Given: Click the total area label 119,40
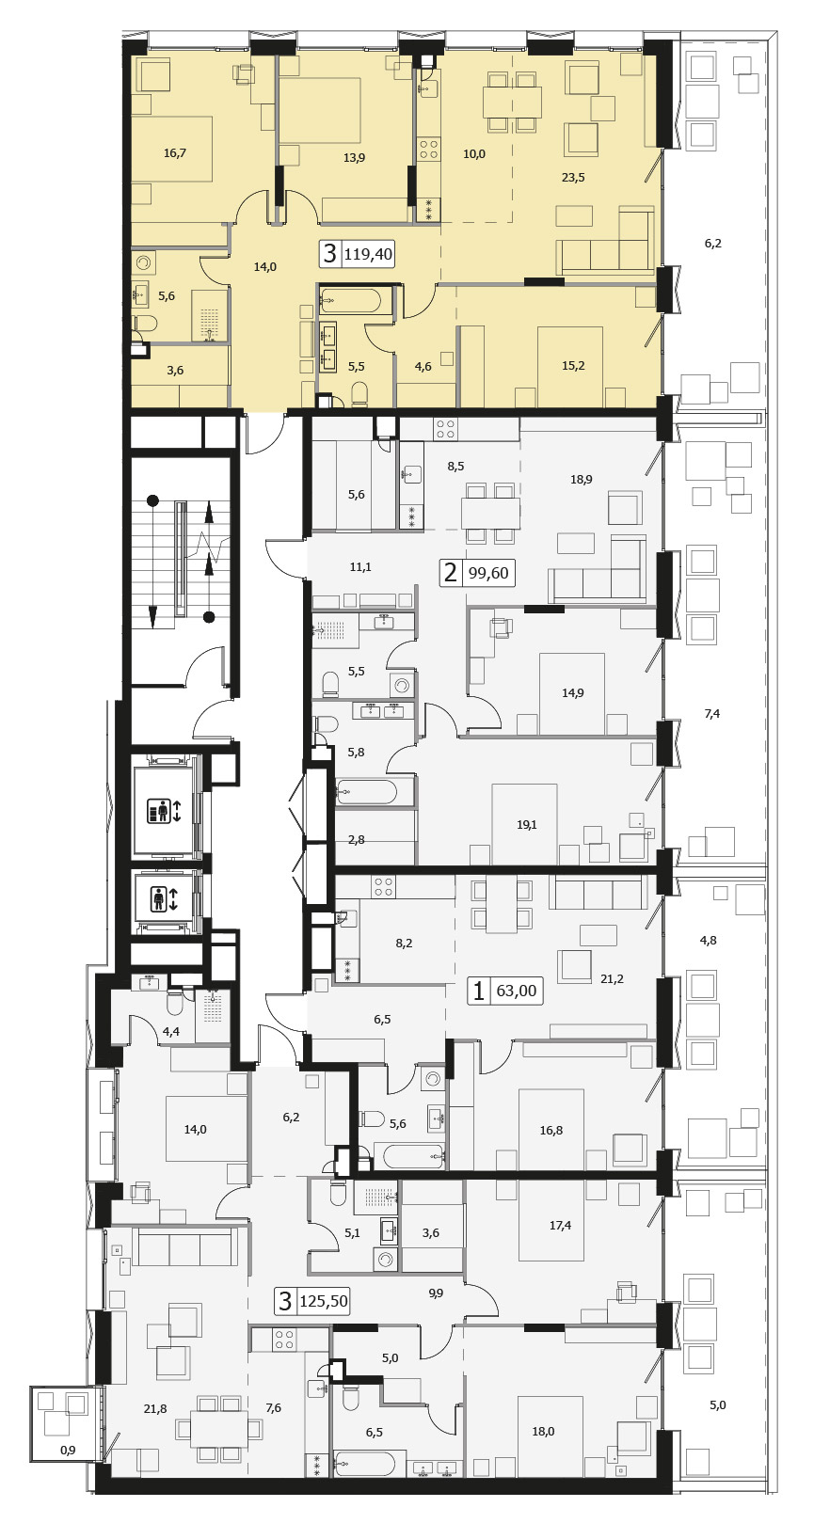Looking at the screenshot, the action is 369,254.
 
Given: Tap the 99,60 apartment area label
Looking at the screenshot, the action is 488,573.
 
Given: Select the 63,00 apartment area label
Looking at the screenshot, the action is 516,991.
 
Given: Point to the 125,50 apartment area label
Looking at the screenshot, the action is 324,1302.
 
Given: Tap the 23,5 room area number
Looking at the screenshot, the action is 573,178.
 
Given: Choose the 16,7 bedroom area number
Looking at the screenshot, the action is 175,153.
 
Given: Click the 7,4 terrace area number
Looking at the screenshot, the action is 712,713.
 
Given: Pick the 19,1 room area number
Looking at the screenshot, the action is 527,825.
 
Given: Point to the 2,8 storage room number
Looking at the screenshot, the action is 357,840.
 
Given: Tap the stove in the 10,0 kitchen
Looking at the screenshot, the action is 429,149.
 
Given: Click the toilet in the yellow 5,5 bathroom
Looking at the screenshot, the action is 359,393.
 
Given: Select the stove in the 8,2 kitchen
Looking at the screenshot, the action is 383,886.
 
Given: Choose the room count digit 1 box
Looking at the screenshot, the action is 479,991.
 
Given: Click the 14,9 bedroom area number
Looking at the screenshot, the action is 572,693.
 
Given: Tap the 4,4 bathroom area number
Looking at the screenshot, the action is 170,1031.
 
